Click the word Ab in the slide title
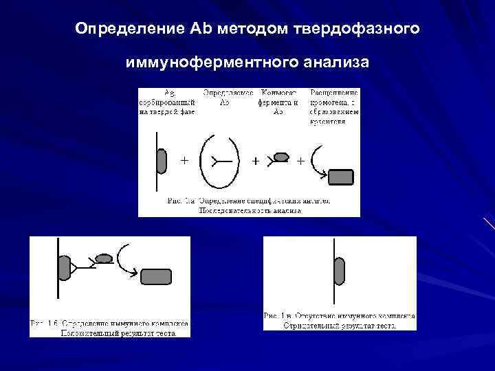pyautogui.click(x=195, y=30)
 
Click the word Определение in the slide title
pyautogui.click(x=129, y=30)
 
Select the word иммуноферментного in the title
pyautogui.click(x=211, y=63)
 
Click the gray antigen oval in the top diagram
pyautogui.click(x=162, y=160)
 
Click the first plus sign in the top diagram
pyautogui.click(x=184, y=160)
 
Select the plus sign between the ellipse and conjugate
pyautogui.click(x=256, y=161)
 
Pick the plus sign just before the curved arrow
pyautogui.click(x=300, y=161)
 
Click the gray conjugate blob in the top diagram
pyautogui.click(x=280, y=157)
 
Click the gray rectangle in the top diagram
pyautogui.click(x=341, y=177)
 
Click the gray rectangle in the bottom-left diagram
pyautogui.click(x=156, y=276)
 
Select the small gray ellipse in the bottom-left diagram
pyautogui.click(x=104, y=258)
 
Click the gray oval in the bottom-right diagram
pyautogui.click(x=340, y=271)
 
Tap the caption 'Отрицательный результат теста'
pyautogui.click(x=340, y=326)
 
